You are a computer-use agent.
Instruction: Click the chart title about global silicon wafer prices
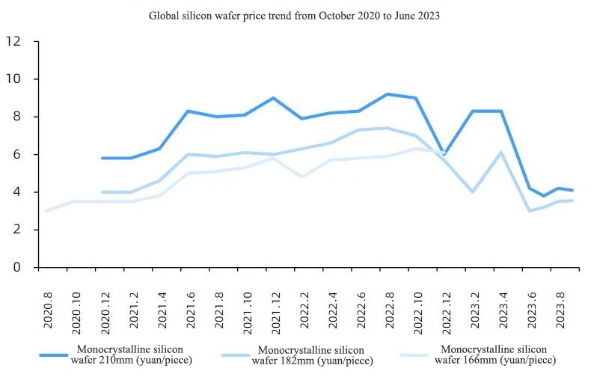(x=294, y=15)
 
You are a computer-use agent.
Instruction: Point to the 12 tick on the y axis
(x=13, y=41)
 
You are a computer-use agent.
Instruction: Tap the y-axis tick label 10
(x=13, y=79)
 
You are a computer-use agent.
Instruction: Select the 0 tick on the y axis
(x=16, y=268)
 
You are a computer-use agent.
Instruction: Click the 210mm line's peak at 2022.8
(x=388, y=94)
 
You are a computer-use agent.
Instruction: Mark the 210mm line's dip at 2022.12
(x=444, y=154)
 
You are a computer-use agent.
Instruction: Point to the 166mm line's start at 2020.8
(x=46, y=211)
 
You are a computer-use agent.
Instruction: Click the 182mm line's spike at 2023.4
(x=501, y=153)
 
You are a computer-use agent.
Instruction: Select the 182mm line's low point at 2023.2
(x=473, y=192)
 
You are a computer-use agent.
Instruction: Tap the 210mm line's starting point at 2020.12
(x=102, y=158)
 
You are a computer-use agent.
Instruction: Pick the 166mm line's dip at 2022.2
(x=301, y=177)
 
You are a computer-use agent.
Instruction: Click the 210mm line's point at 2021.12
(x=273, y=98)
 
